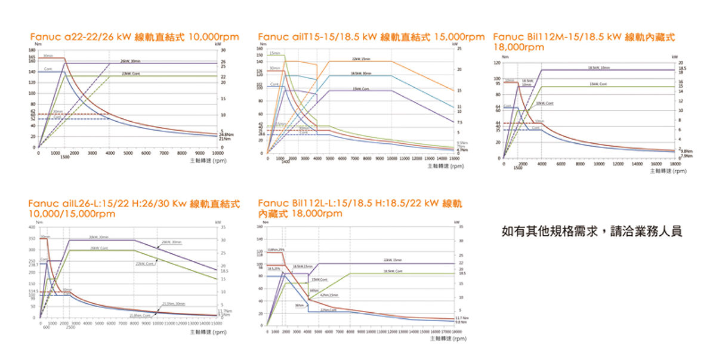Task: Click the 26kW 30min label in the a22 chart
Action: point(130,61)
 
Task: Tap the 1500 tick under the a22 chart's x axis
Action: point(64,158)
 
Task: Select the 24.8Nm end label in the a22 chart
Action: point(226,135)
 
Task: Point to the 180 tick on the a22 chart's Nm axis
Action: point(32,50)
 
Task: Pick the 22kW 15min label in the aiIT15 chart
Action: point(361,59)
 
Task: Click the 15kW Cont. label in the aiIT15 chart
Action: point(361,88)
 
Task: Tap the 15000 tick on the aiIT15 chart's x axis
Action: point(454,158)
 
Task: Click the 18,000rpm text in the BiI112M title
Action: point(519,47)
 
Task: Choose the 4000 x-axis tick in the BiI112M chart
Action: point(542,163)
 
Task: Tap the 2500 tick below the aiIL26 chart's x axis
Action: point(70,328)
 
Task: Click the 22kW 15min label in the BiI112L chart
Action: point(392,260)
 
